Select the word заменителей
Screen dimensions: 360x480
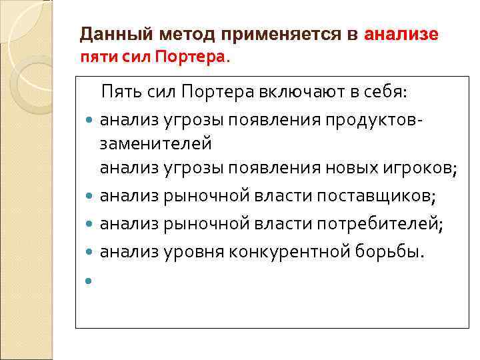click(155, 143)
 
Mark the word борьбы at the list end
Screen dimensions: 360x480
click(393, 252)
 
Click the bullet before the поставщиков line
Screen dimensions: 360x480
click(89, 197)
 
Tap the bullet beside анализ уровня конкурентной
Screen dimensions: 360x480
click(89, 253)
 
